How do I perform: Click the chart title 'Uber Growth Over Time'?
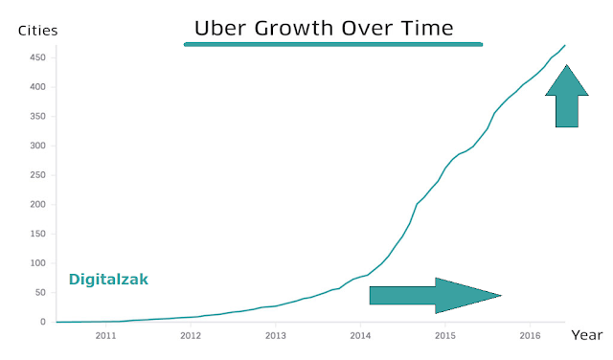324,29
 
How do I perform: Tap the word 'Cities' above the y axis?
38,31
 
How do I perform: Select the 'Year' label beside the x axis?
587,335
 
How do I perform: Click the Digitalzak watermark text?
108,280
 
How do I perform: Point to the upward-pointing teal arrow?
567,96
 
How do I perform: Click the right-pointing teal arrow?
435,296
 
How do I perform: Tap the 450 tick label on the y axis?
38,57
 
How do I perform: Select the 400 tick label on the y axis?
38,87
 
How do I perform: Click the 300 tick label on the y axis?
38,146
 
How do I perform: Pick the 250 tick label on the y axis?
38,175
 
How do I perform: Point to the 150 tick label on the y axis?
38,234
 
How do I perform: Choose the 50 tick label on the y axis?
40,293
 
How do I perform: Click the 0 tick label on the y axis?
43,322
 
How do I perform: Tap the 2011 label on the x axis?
106,336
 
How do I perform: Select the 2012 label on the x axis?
191,336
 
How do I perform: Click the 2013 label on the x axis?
276,336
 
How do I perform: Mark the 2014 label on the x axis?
360,336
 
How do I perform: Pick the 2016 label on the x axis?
530,336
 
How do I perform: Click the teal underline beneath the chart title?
333,45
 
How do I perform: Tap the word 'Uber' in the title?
220,29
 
